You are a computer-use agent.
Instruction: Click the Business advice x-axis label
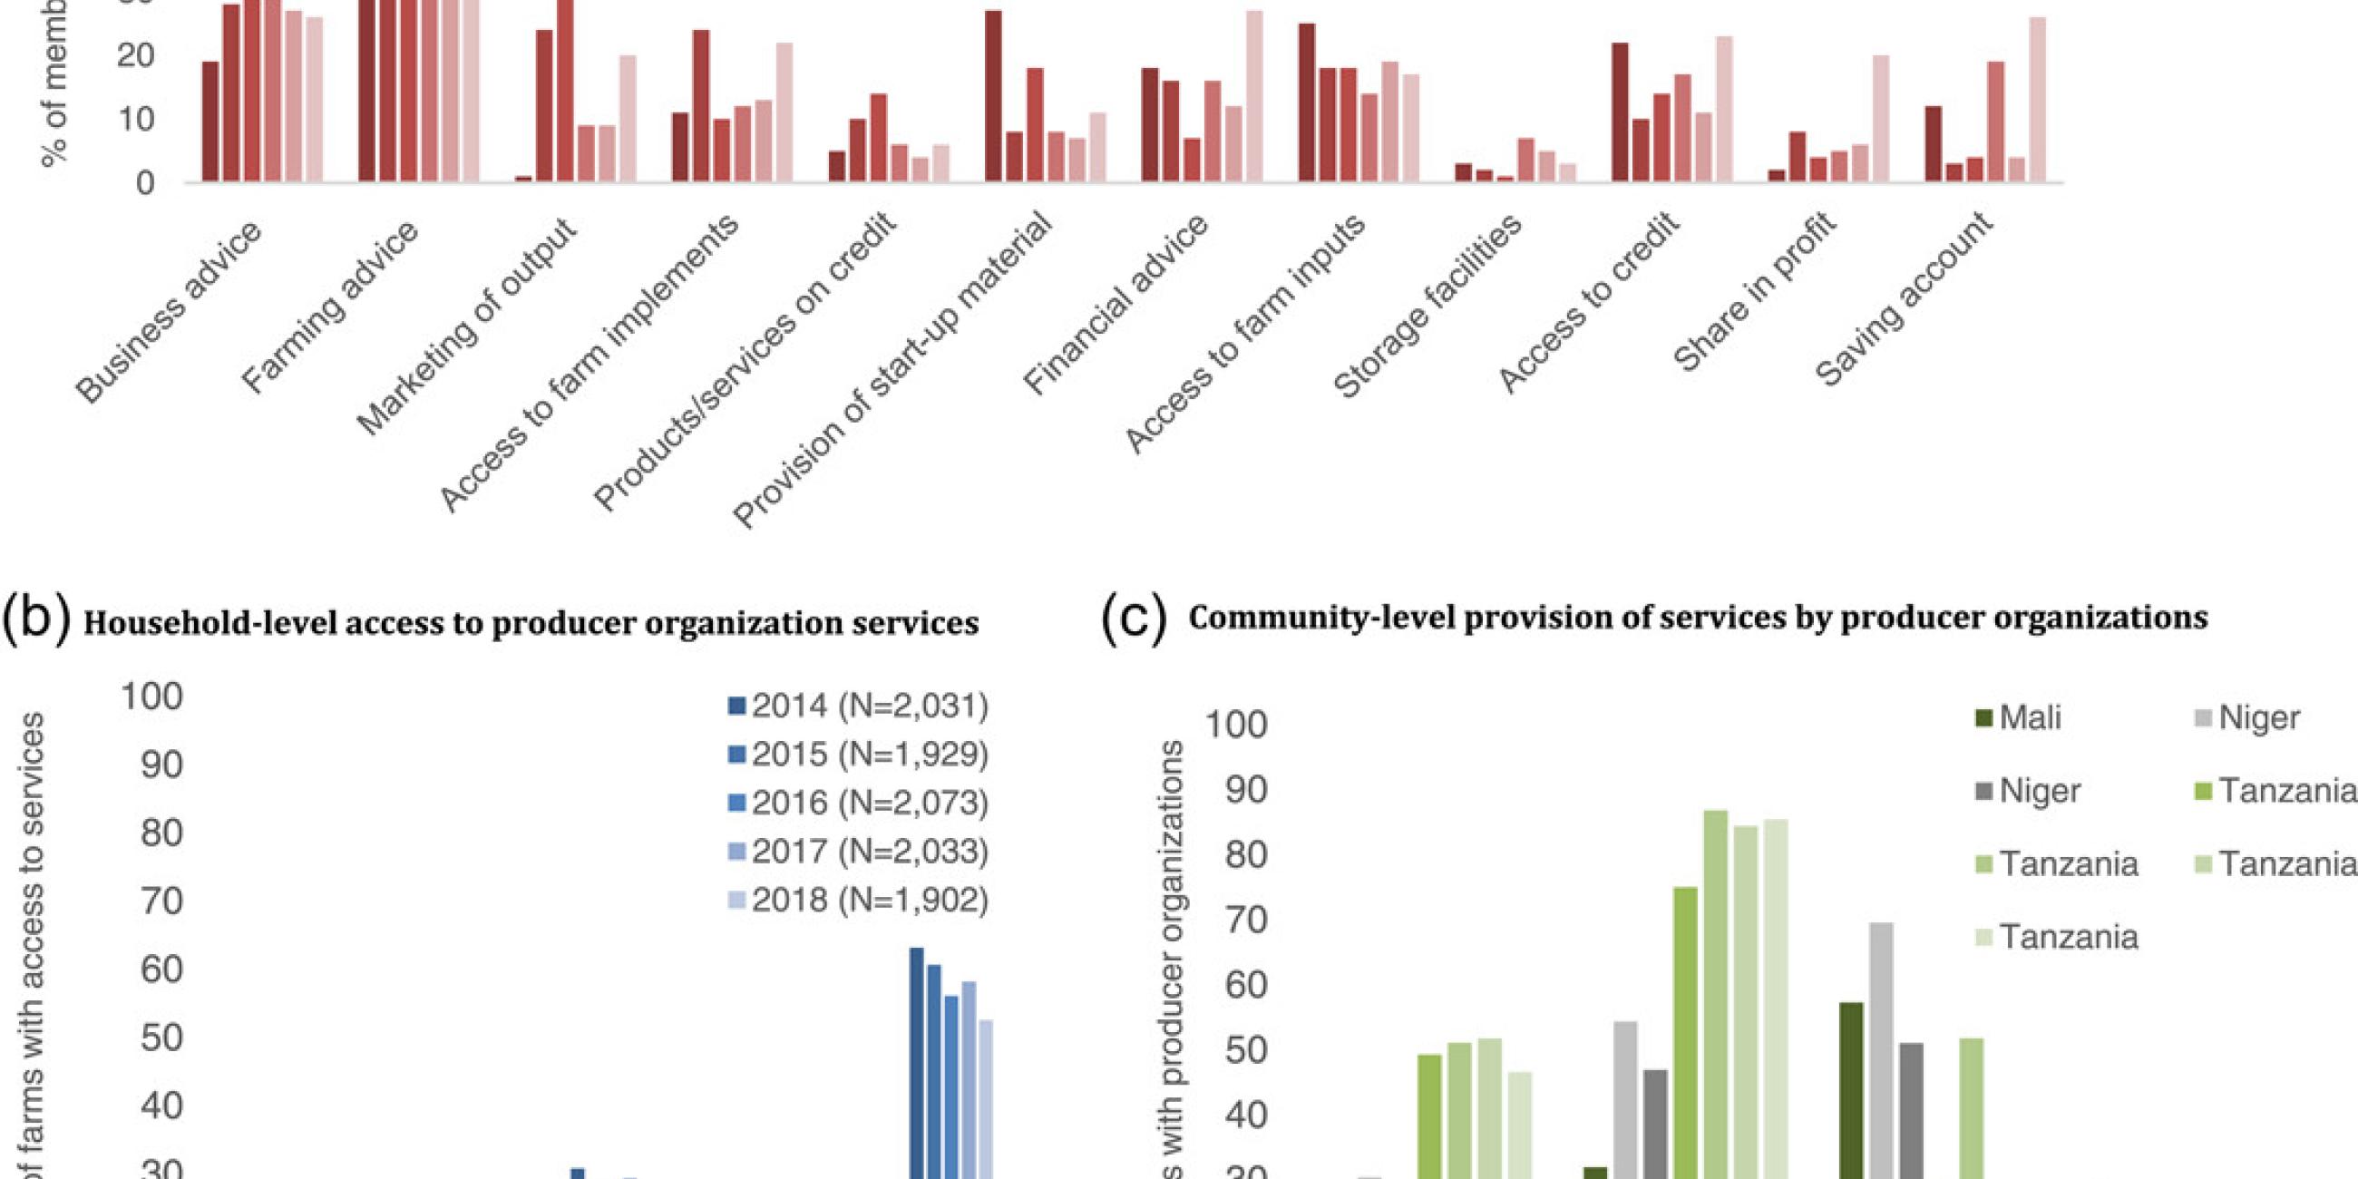171,311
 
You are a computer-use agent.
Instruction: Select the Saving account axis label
1904,298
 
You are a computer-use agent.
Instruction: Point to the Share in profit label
1756,291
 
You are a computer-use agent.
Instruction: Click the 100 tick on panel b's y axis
152,697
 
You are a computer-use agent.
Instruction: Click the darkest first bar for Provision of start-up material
993,96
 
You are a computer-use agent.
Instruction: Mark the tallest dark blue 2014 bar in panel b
916,1062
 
